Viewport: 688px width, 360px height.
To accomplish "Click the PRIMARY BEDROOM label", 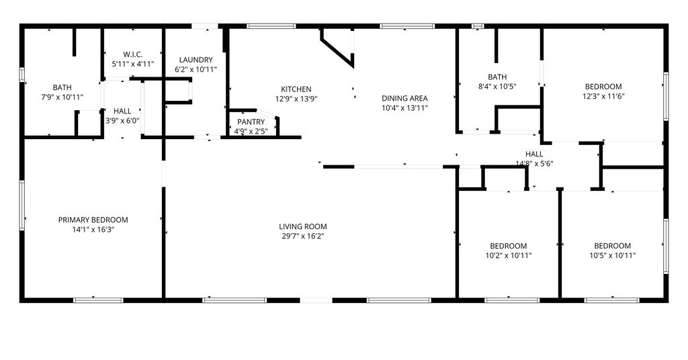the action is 93,220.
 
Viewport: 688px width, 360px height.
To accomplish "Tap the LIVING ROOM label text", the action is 303,227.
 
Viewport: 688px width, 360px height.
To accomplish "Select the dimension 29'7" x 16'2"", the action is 303,236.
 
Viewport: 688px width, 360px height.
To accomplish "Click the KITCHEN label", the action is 296,89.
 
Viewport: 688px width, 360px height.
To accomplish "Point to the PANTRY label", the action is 251,122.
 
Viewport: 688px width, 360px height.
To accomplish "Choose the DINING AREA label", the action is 404,98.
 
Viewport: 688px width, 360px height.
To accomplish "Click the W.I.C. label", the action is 132,54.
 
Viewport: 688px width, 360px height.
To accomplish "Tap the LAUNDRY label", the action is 196,60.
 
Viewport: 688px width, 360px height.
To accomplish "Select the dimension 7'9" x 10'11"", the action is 62,97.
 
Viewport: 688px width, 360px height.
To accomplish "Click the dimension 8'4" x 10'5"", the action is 497,87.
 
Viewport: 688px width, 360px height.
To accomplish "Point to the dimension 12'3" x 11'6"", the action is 603,96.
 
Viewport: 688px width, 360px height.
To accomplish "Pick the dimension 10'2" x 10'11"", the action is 509,255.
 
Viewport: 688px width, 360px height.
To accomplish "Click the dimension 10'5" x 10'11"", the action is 613,255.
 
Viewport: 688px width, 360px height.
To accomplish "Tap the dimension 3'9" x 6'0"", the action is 122,121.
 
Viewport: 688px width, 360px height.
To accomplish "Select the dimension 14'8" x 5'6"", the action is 534,164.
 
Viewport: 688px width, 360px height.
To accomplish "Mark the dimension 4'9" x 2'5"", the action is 251,131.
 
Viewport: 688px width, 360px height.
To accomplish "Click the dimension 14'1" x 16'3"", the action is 93,229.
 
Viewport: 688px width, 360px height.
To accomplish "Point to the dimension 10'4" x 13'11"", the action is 404,108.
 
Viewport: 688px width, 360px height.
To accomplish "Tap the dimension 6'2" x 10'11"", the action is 196,69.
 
